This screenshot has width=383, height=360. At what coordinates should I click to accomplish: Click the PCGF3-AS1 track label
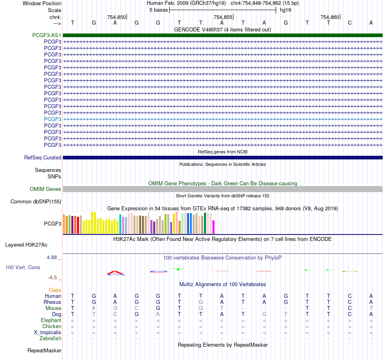(47, 35)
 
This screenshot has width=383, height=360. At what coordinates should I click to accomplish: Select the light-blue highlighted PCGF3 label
(52, 119)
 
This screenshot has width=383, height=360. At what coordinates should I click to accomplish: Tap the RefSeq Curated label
(43, 157)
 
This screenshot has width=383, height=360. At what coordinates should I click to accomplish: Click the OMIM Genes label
(46, 189)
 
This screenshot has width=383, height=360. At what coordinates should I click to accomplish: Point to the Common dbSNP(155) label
(36, 201)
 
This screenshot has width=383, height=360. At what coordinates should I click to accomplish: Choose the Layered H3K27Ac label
(26, 245)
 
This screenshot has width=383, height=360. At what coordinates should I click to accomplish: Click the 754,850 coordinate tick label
(117, 17)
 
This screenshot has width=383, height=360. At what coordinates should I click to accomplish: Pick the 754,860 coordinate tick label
(330, 17)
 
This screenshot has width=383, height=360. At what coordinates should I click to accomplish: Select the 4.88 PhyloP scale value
(52, 257)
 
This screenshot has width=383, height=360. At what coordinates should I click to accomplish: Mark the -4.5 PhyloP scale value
(52, 278)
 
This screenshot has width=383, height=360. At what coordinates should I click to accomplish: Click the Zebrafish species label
(50, 339)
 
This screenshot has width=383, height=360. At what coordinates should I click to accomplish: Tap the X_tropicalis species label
(48, 333)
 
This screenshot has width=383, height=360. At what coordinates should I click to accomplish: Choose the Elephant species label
(51, 320)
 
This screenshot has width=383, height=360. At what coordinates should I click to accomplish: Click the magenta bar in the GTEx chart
(214, 227)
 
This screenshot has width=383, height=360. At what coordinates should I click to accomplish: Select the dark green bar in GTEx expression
(205, 223)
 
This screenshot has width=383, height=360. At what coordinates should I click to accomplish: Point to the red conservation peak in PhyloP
(116, 272)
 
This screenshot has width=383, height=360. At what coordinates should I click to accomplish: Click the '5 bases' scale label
(159, 10)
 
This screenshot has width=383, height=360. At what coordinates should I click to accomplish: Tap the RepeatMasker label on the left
(44, 350)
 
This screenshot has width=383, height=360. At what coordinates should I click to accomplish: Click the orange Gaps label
(55, 290)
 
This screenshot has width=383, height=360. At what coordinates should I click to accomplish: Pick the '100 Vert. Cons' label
(23, 267)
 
